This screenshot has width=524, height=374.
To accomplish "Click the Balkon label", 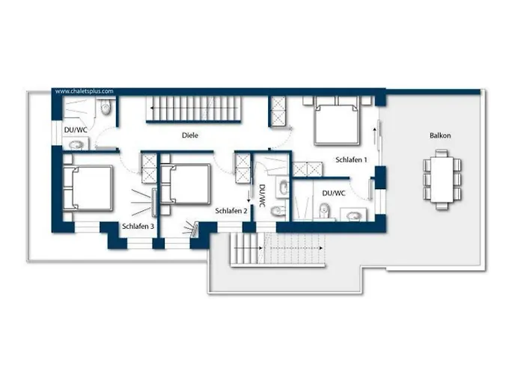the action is (440, 135).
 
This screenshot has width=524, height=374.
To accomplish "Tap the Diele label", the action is (190, 135).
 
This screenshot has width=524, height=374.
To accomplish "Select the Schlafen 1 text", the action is (351, 160).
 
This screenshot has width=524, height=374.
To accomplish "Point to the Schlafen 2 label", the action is (231, 211).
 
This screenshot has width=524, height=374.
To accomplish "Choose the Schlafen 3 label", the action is (138, 227).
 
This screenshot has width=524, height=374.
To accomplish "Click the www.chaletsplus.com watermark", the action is (84, 91).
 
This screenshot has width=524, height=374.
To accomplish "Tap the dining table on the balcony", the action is (442, 180).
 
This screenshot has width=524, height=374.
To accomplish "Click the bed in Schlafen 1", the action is (337, 121).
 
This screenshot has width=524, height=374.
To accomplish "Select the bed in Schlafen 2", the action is (186, 184).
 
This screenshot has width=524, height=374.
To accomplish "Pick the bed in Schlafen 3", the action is (88, 188).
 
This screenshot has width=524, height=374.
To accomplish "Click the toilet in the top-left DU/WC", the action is (106, 107).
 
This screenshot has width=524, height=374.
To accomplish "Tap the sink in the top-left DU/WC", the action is (76, 145).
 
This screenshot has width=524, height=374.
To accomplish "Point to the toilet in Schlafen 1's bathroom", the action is (323, 211).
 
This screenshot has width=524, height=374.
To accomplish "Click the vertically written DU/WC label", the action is (262, 196).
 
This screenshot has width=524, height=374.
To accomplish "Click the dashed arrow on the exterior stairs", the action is (296, 248).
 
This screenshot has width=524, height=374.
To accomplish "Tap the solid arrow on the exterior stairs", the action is (249, 248).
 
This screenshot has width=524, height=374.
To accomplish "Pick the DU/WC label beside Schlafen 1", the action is (334, 193).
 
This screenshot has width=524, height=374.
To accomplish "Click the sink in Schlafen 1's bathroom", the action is (353, 216).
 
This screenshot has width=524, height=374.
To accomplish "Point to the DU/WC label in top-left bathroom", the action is (76, 130).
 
